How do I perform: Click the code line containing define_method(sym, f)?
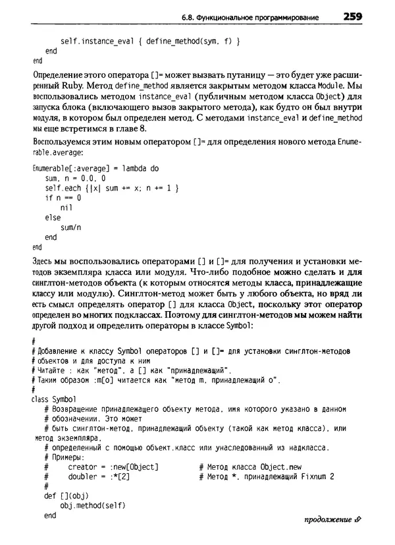coord(149,41)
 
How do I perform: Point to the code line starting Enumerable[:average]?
coord(95,168)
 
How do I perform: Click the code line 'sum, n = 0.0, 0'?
coord(75,178)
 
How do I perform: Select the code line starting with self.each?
coord(111,188)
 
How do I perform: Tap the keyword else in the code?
coord(53,217)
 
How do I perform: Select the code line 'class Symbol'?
coord(54,399)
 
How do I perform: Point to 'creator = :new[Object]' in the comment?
coord(113,467)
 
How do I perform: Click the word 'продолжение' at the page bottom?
coord(327,528)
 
